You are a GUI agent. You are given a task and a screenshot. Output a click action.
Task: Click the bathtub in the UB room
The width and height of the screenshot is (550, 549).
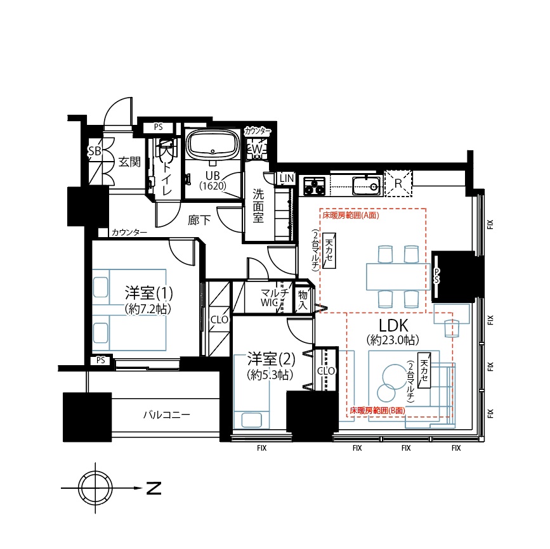[213, 145]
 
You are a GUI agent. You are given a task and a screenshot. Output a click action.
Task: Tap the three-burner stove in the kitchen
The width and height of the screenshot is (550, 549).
[314, 186]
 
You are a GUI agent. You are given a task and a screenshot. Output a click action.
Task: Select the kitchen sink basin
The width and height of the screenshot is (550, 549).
[366, 185]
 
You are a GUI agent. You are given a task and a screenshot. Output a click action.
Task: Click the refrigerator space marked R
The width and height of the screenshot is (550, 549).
[398, 183]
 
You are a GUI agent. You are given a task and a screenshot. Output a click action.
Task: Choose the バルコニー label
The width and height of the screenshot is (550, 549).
[167, 415]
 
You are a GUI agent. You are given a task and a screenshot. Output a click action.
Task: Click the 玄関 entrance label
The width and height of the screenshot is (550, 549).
[129, 162]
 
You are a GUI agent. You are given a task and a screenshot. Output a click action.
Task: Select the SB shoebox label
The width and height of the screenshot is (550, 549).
[94, 152]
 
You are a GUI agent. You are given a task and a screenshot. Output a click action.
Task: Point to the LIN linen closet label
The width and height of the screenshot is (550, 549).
[287, 178]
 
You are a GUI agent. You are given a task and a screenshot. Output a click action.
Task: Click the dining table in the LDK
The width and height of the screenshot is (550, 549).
[398, 276]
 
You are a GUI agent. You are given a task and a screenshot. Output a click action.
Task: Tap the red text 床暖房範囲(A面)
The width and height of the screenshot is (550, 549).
[351, 216]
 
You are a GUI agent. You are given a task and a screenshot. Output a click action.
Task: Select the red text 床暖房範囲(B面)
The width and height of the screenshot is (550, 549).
[377, 411]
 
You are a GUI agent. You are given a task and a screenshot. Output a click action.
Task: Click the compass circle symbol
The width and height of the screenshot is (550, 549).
[95, 488]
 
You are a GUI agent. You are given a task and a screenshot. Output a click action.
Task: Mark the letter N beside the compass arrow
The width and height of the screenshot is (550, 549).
[154, 488]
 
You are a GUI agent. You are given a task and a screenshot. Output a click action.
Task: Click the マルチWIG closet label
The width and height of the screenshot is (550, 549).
[275, 298]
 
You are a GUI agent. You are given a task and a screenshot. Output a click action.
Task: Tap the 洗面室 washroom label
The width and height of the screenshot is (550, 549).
[258, 206]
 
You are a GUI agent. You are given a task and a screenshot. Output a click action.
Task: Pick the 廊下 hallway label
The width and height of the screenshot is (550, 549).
[199, 220]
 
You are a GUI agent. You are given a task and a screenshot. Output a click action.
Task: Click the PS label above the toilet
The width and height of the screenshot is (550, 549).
[158, 127]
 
